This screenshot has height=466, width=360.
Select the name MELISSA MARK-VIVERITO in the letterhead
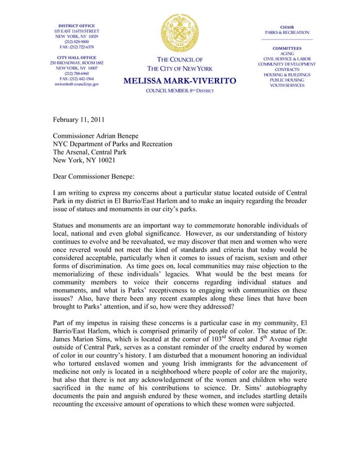[x=179, y=82]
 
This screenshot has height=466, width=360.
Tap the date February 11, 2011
[x=78, y=120]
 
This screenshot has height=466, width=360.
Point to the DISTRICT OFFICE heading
[x=77, y=25]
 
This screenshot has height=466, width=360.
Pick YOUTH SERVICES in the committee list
[x=287, y=85]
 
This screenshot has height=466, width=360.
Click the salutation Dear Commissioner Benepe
[x=94, y=177]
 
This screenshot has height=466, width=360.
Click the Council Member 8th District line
[x=179, y=91]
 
